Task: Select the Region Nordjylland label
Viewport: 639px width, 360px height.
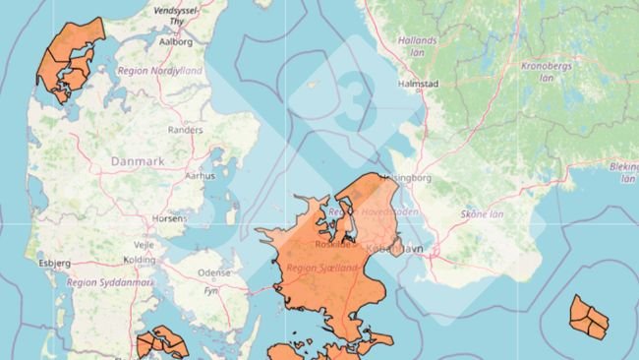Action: [159, 71]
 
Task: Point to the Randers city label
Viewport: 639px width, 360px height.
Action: [186, 129]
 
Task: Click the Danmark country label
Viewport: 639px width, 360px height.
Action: [138, 160]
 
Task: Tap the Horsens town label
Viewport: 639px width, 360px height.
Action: [169, 218]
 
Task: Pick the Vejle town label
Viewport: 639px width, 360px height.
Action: [143, 243]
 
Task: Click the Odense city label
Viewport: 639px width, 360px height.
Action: [213, 272]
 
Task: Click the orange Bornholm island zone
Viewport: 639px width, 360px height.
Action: [589, 318]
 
